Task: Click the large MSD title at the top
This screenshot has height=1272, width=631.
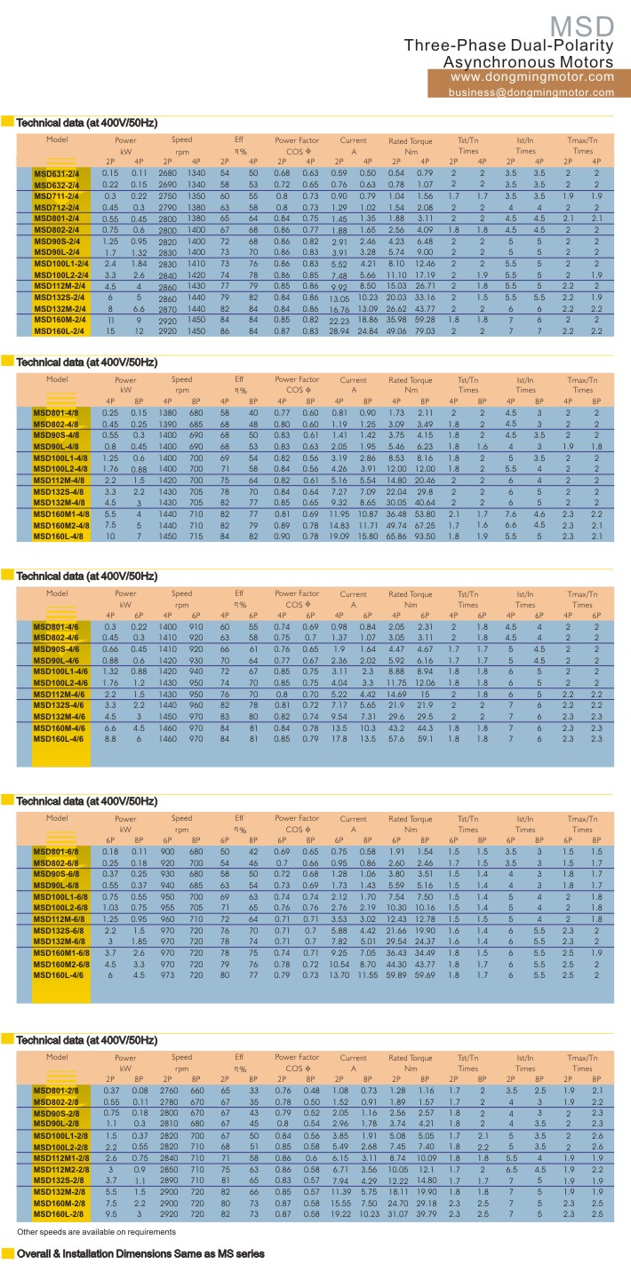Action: pos(579,26)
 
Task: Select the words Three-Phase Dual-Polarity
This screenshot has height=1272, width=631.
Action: pos(509,45)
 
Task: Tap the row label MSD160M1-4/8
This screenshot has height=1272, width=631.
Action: pos(62,515)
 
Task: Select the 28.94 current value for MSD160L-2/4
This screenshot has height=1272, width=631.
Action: pos(339,330)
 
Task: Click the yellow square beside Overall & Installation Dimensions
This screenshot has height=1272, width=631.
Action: pos(7,1253)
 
